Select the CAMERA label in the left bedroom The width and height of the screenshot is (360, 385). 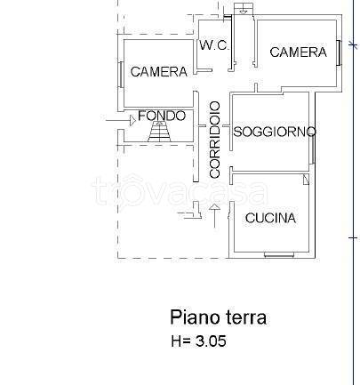158,72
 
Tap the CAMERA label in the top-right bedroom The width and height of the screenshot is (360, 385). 298,52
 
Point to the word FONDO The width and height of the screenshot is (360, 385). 162,116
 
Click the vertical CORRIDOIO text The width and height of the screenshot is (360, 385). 214,140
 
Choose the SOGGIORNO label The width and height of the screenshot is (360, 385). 275,132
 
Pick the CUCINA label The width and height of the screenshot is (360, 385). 270,218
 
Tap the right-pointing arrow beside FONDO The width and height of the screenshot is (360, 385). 116,117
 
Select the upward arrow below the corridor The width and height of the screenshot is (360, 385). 213,214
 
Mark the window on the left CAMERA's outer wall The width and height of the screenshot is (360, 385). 119,72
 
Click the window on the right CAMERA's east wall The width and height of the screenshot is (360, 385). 339,52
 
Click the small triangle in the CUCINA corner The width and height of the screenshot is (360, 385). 305,180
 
